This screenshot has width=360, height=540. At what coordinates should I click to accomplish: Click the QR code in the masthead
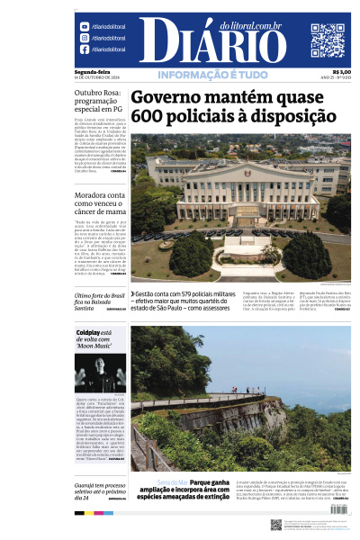[x=328, y=40]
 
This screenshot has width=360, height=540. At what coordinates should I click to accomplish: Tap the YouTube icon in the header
[x=85, y=27]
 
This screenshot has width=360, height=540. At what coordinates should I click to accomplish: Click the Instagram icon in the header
[x=85, y=38]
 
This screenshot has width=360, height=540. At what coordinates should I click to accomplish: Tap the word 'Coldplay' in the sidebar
[x=92, y=333]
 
